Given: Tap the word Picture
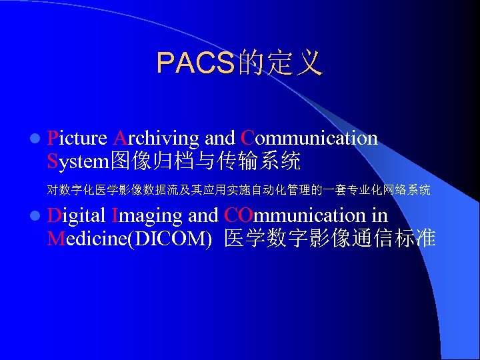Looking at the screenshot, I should point(77,139).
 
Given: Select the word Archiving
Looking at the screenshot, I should point(156,139).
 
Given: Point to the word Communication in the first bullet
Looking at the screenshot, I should point(309,139).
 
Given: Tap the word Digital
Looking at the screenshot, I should point(77,216).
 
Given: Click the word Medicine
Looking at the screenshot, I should point(87,238).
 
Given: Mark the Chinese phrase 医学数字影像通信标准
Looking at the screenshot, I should point(330,238).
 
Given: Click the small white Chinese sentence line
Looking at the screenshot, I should point(239,191).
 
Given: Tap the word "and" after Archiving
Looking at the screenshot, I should point(219,139).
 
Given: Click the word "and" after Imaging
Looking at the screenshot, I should point(203,216).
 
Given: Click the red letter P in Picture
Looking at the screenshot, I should point(53,139).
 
